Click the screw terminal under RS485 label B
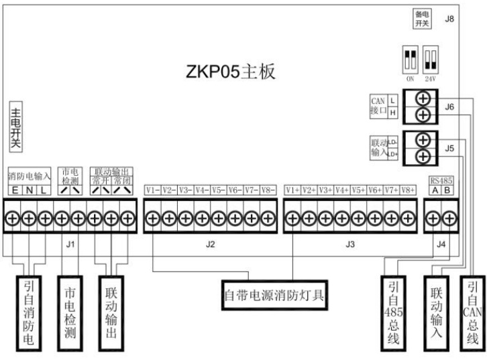tap(449, 218)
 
